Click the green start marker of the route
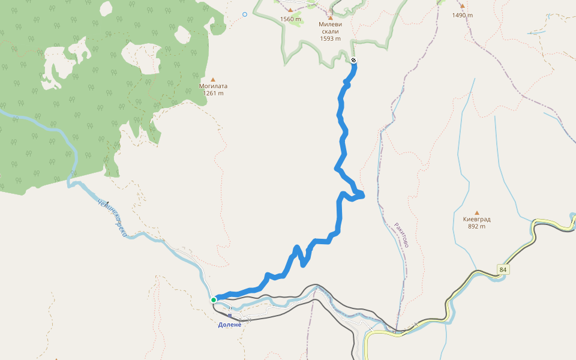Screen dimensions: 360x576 tap(214, 299)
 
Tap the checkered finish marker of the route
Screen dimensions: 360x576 tap(354, 60)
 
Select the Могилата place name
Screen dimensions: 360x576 tap(213, 86)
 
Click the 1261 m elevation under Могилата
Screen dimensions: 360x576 tap(213, 93)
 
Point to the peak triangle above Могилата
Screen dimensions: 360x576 tap(212, 78)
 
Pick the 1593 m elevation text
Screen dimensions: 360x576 tap(330, 38)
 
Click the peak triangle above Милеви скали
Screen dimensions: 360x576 tap(330, 18)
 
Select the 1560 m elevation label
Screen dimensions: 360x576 tap(290, 19)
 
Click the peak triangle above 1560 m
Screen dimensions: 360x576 tap(290, 10)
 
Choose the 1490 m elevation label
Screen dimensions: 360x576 tap(463, 15)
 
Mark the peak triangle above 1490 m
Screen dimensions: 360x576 tap(462, 6)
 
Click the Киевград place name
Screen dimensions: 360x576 tap(477, 219)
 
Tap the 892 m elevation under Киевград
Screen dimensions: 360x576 tap(477, 226)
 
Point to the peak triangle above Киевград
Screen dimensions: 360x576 tap(477, 212)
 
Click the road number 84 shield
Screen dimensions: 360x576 tap(503, 270)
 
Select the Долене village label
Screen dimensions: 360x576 tap(229, 325)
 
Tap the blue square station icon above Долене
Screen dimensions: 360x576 tap(229, 315)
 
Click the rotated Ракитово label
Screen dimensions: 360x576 tap(401, 235)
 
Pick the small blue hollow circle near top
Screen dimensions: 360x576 tap(245, 14)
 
